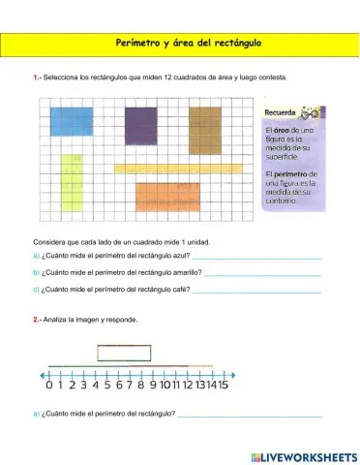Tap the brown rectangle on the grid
[206, 126]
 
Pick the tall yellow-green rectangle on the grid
[73, 194]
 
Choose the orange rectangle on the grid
[166, 198]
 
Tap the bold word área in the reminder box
[282, 129]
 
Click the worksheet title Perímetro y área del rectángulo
[180, 45]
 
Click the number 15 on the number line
[222, 385]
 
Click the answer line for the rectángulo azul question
[251, 258]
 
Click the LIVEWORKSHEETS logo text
[310, 455]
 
